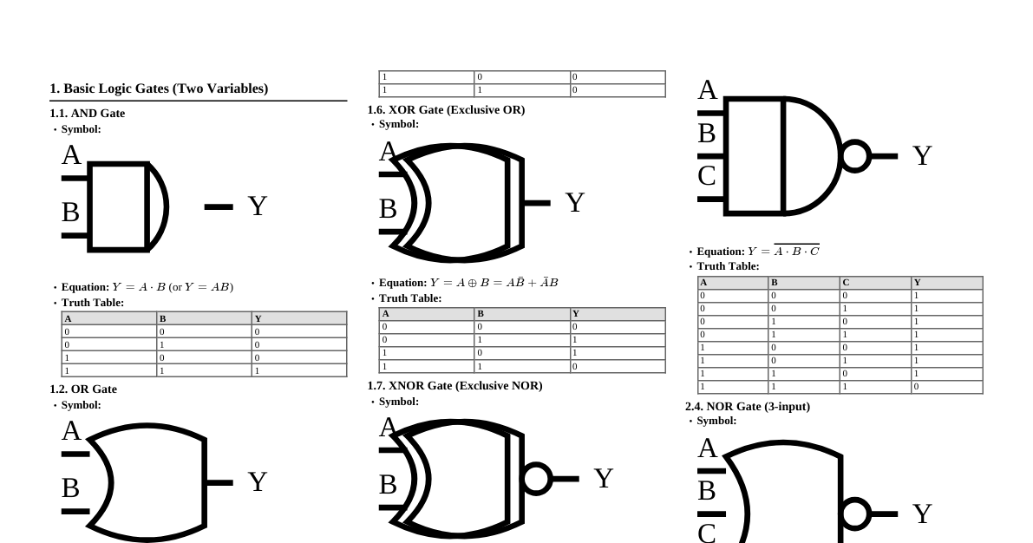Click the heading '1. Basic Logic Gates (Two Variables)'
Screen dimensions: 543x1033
coord(159,88)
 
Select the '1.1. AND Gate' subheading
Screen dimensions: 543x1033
coord(87,114)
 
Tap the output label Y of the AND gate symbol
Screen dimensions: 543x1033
coord(257,206)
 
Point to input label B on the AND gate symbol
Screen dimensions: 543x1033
coord(71,212)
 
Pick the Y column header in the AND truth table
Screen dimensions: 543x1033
coord(258,318)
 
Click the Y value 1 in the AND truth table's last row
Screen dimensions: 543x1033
coord(257,370)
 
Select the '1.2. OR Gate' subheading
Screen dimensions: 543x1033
coord(83,389)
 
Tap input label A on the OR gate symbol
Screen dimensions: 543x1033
coord(71,431)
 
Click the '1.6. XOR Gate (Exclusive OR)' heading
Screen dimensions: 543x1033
coord(446,110)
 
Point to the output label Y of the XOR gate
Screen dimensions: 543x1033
coord(575,203)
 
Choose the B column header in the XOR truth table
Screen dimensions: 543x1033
coord(481,314)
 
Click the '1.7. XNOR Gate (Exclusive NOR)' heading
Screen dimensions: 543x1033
coord(454,386)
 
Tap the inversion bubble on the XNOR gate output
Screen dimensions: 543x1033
coord(535,479)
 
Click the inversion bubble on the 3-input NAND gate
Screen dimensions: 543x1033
coord(854,156)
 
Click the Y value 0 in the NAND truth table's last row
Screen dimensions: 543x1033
coord(916,387)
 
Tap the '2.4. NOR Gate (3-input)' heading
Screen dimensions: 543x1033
coord(747,407)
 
